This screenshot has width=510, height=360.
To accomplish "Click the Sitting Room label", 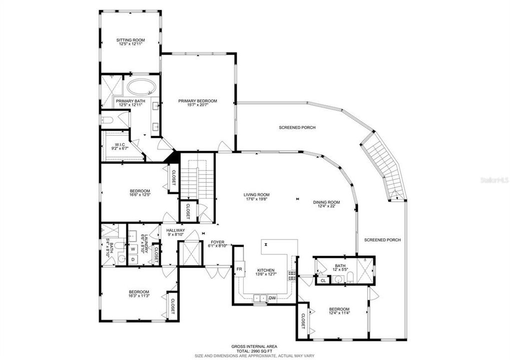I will point(130,40).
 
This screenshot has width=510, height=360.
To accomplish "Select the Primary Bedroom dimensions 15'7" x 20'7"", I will point(198,105).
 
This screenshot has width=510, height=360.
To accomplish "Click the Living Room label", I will point(256,195).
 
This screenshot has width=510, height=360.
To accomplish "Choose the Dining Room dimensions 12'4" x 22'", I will point(326,206).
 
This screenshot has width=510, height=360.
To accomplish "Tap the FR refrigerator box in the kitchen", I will point(239,269).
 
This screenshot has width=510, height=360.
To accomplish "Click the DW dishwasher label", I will point(272,298).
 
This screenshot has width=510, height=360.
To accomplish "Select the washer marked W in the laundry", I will point(133,249).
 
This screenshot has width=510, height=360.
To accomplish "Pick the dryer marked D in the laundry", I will point(133,259).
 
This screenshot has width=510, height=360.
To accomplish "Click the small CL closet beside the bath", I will point(323,280).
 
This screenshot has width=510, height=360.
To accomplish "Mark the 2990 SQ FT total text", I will point(254,351).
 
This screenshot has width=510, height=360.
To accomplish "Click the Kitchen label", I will point(265,270).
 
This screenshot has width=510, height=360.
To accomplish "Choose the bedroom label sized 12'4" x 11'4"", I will point(339,309).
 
